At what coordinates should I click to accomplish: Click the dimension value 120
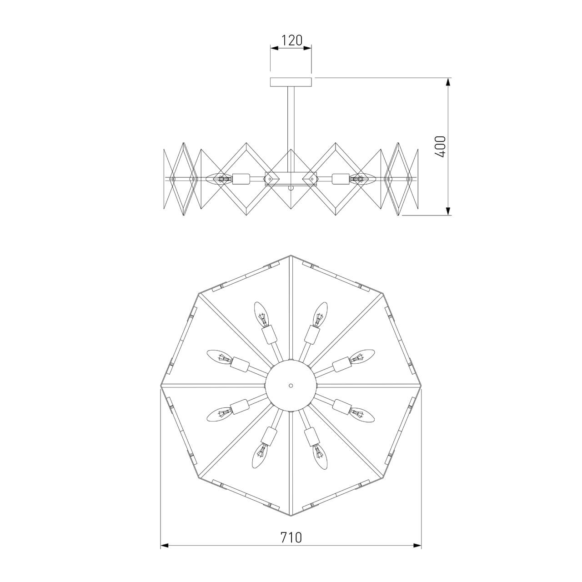(291, 40)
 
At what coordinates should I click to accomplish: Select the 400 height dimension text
(440, 146)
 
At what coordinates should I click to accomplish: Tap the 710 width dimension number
(291, 537)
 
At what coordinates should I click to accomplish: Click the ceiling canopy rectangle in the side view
(291, 82)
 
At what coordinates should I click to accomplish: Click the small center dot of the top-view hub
(291, 385)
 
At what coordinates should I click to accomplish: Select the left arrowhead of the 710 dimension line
(165, 545)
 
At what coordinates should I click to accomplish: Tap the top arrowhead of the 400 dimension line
(448, 82)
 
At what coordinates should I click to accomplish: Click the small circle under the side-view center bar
(291, 187)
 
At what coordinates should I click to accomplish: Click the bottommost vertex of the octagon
(291, 516)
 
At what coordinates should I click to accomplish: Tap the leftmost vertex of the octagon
(161, 386)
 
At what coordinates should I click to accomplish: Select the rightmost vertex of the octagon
(421, 386)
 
